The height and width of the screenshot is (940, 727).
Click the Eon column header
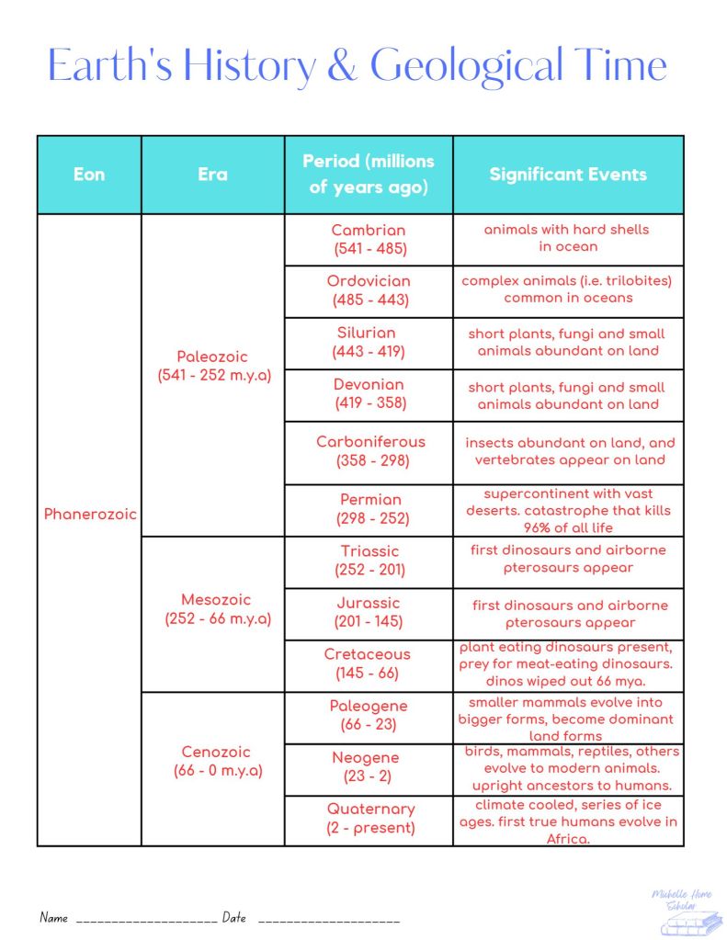click(89, 175)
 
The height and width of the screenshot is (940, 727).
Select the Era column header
click(212, 175)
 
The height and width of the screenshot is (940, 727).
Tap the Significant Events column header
click(568, 175)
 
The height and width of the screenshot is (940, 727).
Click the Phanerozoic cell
click(90, 515)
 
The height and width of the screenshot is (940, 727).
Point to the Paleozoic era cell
click(212, 366)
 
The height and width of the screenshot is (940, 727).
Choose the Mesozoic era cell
click(212, 610)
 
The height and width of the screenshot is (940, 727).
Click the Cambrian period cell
click(369, 239)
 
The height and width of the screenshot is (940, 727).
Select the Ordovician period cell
click(369, 290)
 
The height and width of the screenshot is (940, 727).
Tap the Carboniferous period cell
click(370, 451)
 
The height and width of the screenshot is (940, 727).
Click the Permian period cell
click(370, 509)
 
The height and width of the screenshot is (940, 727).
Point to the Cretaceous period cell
click(369, 663)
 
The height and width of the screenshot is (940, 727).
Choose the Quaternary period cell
click(370, 818)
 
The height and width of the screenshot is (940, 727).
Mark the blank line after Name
click(146, 919)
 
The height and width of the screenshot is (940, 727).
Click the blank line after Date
click(328, 919)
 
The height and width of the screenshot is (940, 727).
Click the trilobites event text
click(568, 289)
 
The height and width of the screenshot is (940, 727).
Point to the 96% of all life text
click(567, 527)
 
